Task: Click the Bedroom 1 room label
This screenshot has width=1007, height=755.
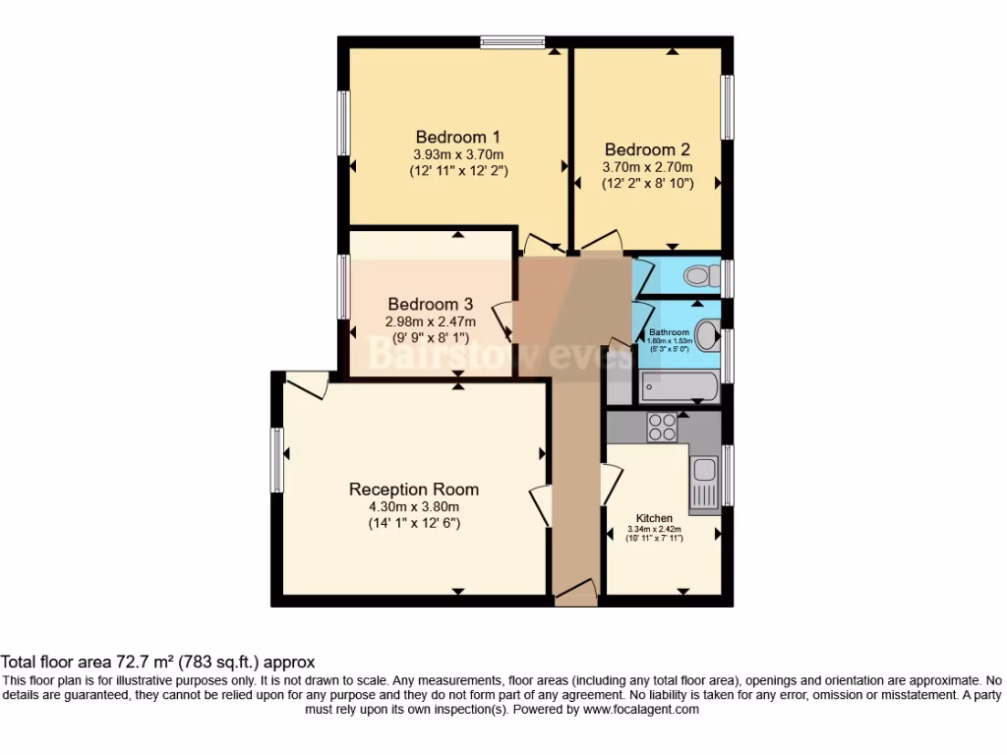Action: (x=458, y=137)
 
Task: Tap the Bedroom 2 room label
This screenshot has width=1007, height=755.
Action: (x=647, y=150)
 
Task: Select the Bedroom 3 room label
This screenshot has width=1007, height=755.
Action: (x=430, y=305)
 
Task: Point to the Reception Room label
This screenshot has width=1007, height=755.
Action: (x=414, y=490)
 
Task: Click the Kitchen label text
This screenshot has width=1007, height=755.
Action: (x=654, y=518)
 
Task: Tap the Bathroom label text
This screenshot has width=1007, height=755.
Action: (x=668, y=333)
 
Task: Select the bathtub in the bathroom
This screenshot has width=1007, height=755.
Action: (x=680, y=387)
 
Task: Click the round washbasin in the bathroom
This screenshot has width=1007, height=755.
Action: (x=707, y=331)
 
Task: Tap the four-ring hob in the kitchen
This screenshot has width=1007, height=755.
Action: (x=661, y=427)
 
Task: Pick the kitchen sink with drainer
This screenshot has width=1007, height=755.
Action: (x=705, y=485)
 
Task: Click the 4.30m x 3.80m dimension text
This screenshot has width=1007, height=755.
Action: (x=414, y=506)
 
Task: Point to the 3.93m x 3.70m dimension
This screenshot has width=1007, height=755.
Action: (x=458, y=154)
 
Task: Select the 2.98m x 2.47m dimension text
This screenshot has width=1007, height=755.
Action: (x=430, y=321)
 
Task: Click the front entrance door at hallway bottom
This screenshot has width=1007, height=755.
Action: (x=575, y=592)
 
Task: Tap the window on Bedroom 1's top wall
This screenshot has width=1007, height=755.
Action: (x=514, y=42)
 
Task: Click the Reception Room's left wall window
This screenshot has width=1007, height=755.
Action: (x=278, y=459)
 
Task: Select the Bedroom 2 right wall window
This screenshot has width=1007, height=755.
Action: (x=729, y=107)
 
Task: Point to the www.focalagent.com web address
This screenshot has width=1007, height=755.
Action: (x=640, y=709)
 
